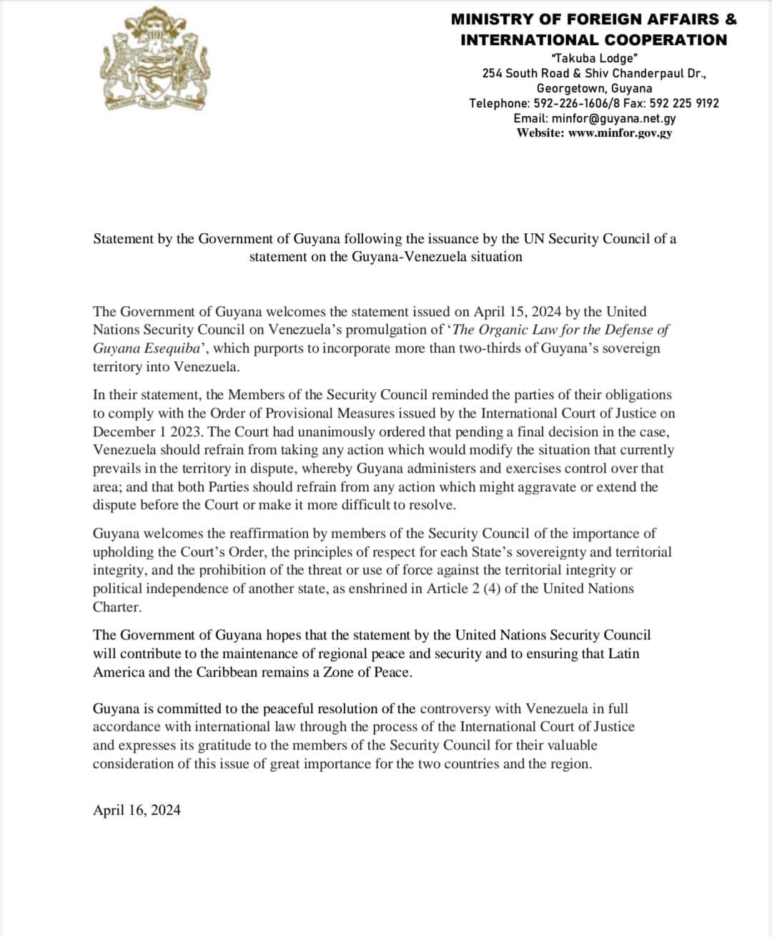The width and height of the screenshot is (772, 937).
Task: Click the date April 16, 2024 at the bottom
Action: click(x=137, y=810)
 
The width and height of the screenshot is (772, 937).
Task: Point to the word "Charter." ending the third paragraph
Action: click(x=117, y=607)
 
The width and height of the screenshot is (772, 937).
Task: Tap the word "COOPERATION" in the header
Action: click(x=664, y=39)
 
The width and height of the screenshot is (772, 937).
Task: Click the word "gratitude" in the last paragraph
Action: click(x=226, y=745)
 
